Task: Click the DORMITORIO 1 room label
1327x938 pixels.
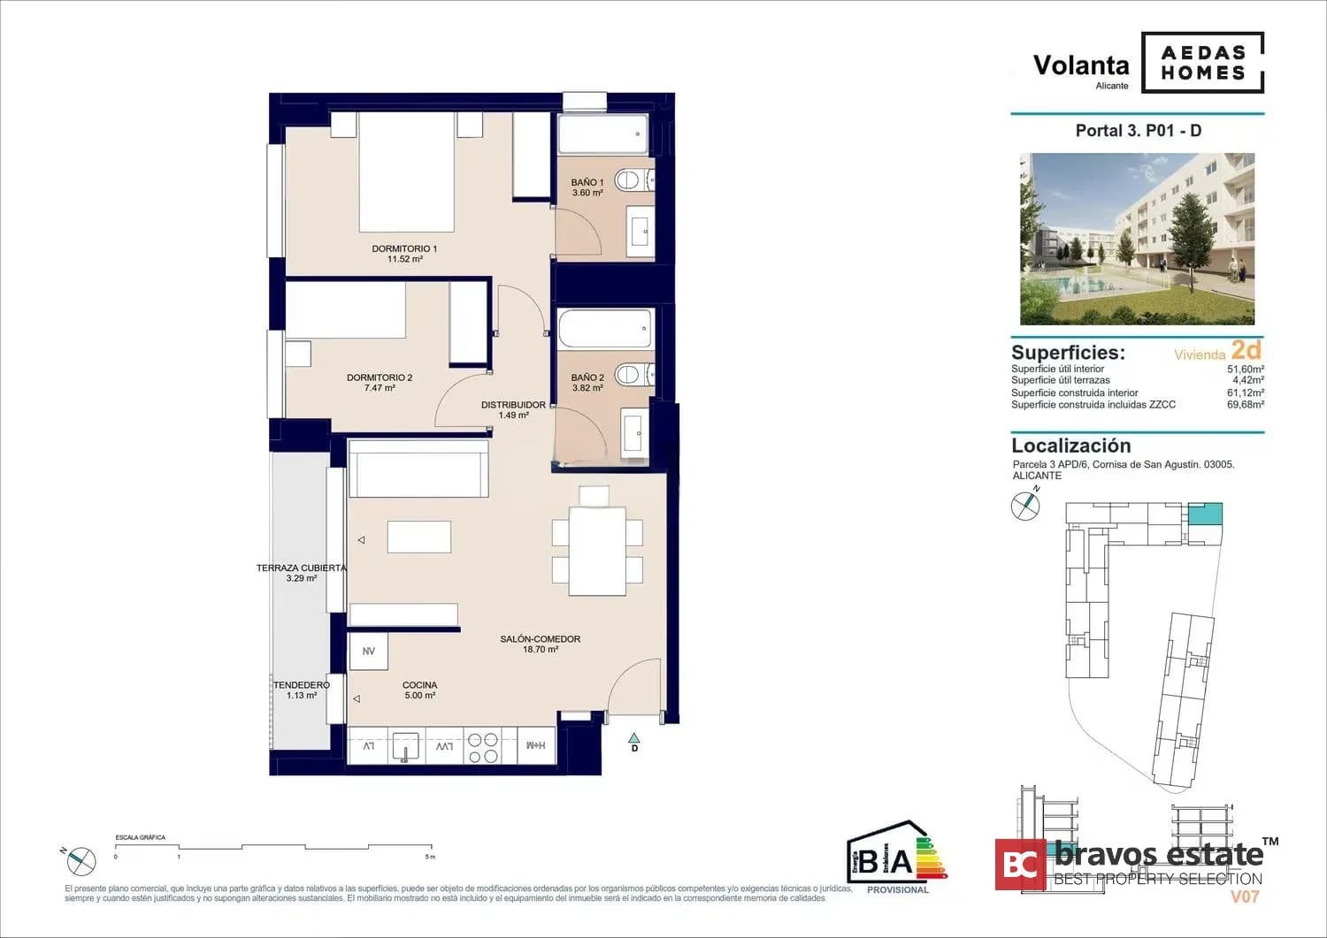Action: coord(404,254)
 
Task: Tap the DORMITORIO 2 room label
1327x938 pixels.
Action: coord(380,383)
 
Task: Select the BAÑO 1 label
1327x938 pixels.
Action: coord(587,187)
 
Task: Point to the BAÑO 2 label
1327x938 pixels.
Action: coord(587,383)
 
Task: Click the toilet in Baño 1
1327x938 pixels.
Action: coord(631,180)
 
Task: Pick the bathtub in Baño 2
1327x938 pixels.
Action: coord(605,329)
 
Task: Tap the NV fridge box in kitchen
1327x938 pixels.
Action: coord(368,652)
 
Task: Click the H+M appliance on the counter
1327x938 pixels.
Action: coord(535,745)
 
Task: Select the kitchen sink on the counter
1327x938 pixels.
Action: coord(405,745)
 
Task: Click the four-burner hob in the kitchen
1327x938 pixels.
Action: coord(483,747)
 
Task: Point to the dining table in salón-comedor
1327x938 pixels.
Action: coord(597,551)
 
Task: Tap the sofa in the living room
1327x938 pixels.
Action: coord(418,469)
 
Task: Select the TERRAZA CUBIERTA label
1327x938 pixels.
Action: coord(301,573)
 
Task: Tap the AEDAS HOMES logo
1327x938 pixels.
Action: coord(1202,63)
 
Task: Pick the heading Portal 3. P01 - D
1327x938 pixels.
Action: coord(1138,131)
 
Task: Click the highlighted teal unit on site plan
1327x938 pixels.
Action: coord(1204,514)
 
